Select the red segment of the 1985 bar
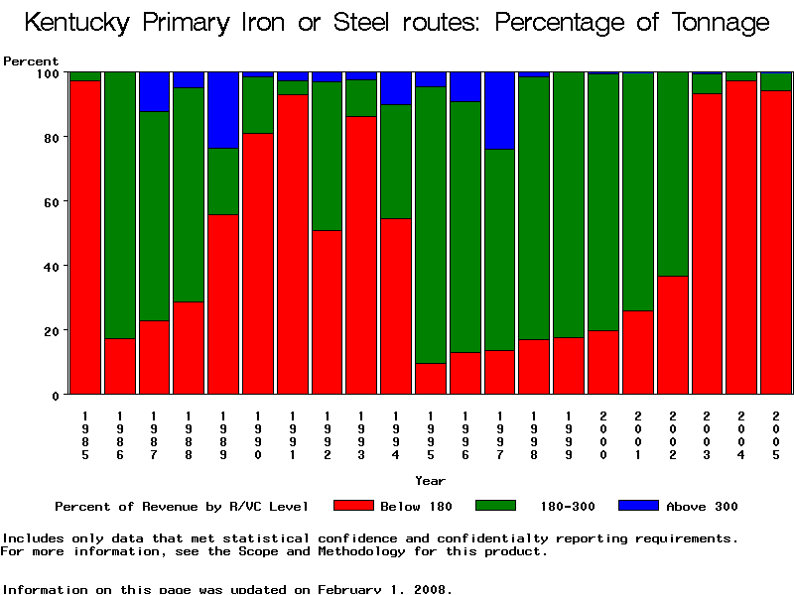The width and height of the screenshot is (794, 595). (85, 237)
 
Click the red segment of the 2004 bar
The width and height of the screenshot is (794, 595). (741, 237)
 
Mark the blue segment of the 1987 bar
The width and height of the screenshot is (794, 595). (155, 91)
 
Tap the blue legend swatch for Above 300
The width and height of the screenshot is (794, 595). (637, 506)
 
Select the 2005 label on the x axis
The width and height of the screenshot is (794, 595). (776, 435)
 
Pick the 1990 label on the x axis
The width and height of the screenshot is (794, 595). (258, 435)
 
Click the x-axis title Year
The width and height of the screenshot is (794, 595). (430, 481)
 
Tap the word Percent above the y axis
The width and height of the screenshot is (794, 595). (31, 61)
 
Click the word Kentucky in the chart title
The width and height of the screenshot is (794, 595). (82, 23)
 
